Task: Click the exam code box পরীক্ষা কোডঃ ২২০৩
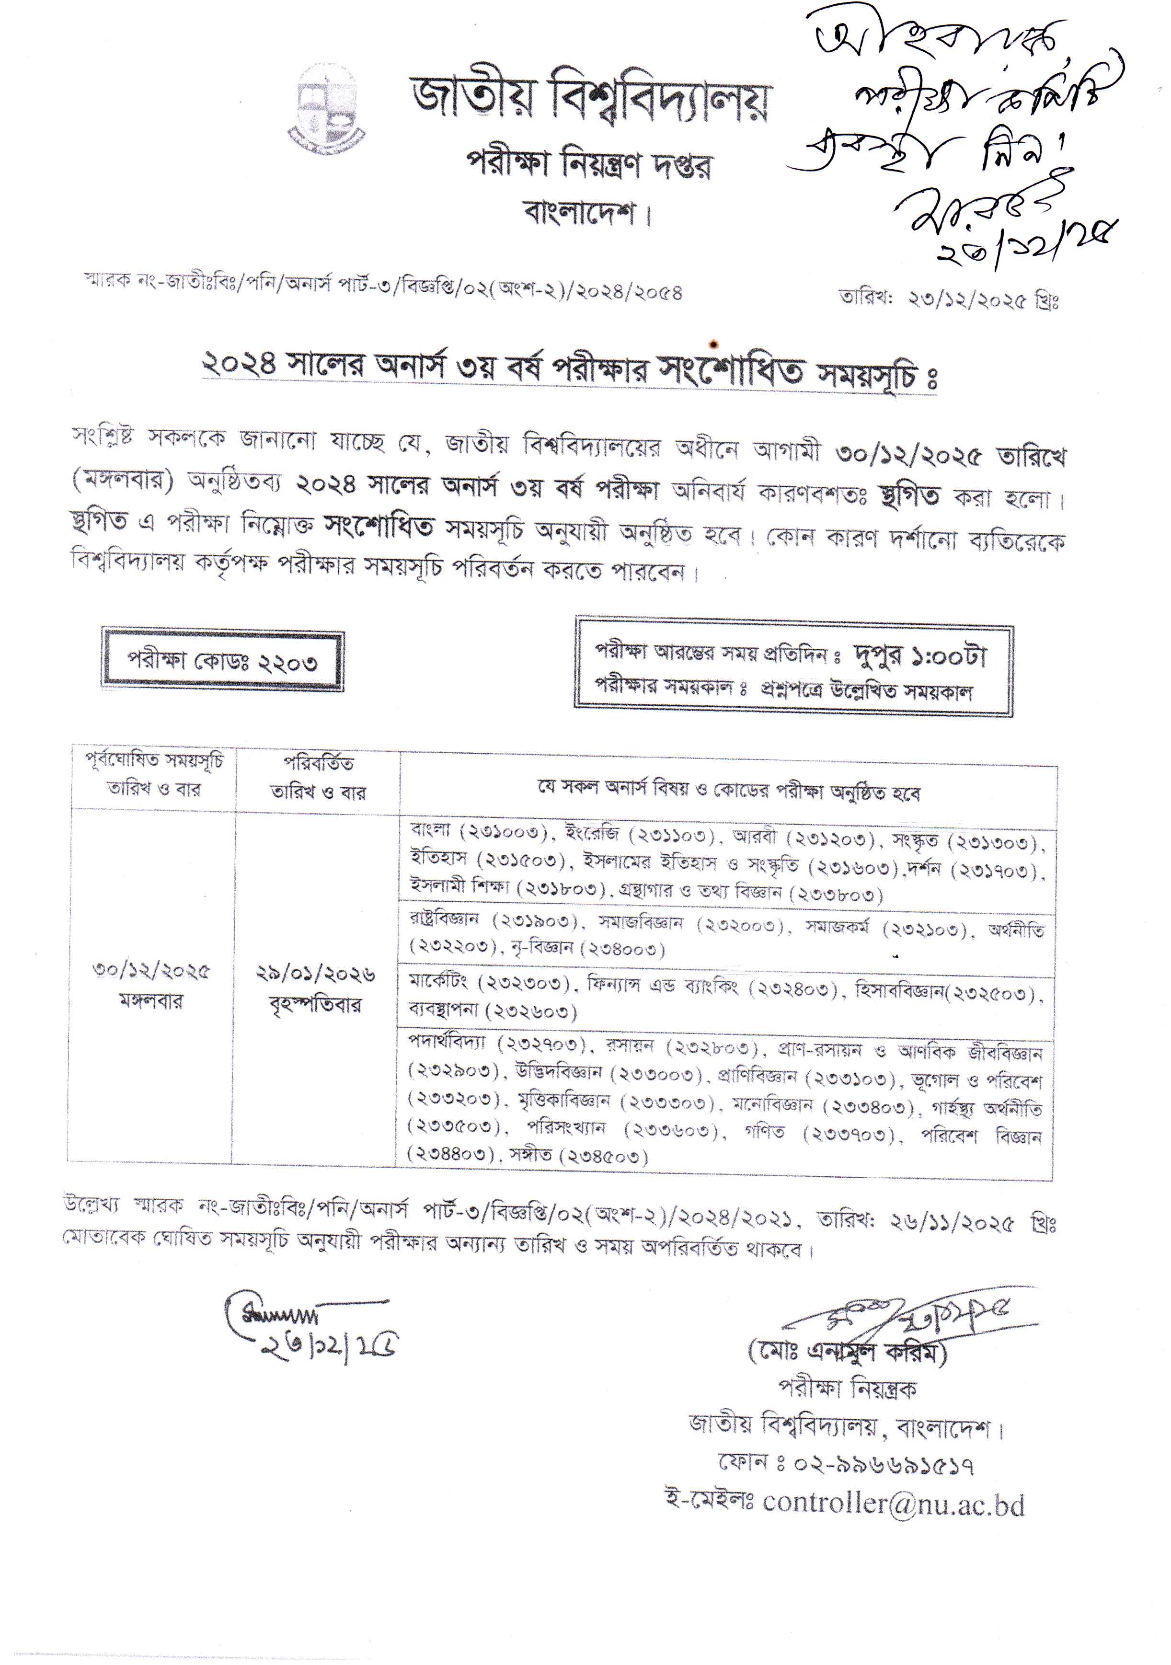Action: tap(223, 661)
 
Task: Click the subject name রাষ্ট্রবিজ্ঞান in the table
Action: tap(444, 919)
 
